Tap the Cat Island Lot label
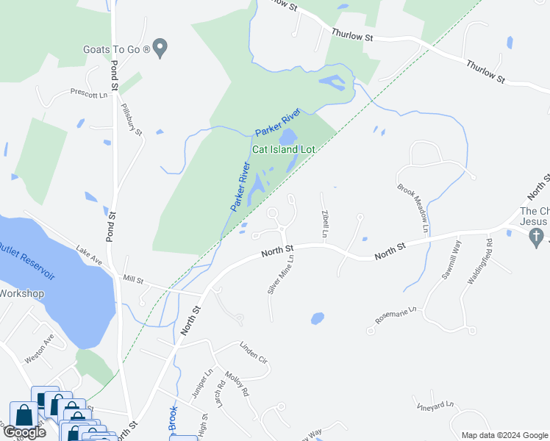tap(284, 149)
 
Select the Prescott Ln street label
tap(88, 93)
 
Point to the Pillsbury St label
tap(132, 118)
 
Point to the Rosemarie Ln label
tap(396, 315)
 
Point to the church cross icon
tap(537, 236)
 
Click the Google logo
tap(24, 432)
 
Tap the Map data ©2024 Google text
tap(504, 435)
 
